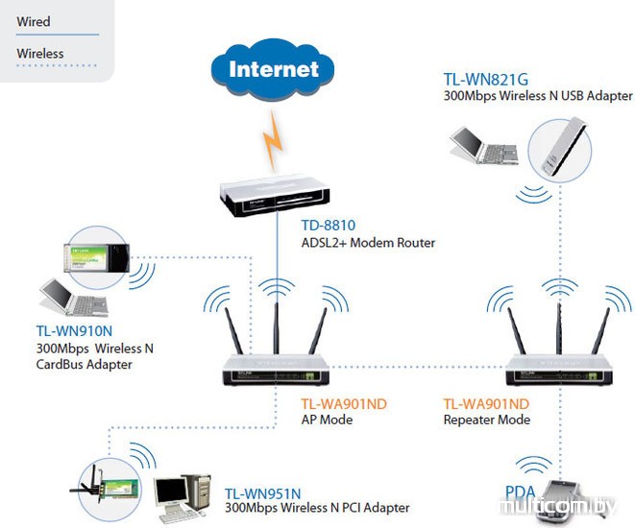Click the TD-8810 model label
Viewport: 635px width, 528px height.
click(x=327, y=227)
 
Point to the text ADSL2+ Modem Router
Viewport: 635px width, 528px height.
click(x=368, y=243)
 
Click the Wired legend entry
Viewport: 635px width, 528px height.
click(x=34, y=21)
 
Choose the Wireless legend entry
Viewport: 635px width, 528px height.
click(x=40, y=54)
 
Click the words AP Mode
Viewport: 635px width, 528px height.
click(x=328, y=420)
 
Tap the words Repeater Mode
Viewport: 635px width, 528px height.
click(x=486, y=420)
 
